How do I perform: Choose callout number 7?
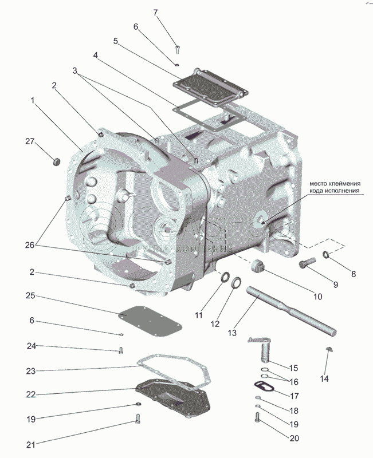coord(155,13)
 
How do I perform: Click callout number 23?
coord(32,370)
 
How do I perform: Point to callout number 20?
coord(295,439)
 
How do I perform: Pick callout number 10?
coord(317,297)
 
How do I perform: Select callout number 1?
coord(33,100)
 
